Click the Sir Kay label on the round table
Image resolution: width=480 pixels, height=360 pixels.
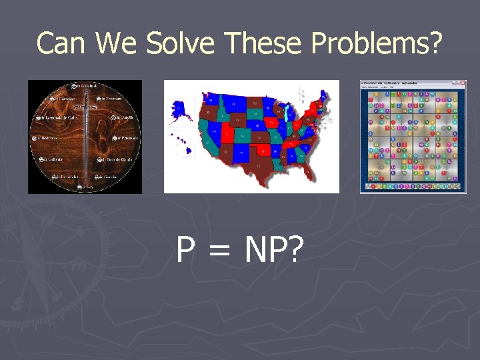point(86,188)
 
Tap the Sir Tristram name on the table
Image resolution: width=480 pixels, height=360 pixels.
point(109,99)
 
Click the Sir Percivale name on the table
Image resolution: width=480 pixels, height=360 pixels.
point(123,138)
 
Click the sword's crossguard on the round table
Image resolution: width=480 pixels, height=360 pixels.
point(85,106)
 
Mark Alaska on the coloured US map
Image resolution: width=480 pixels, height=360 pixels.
point(180,111)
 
